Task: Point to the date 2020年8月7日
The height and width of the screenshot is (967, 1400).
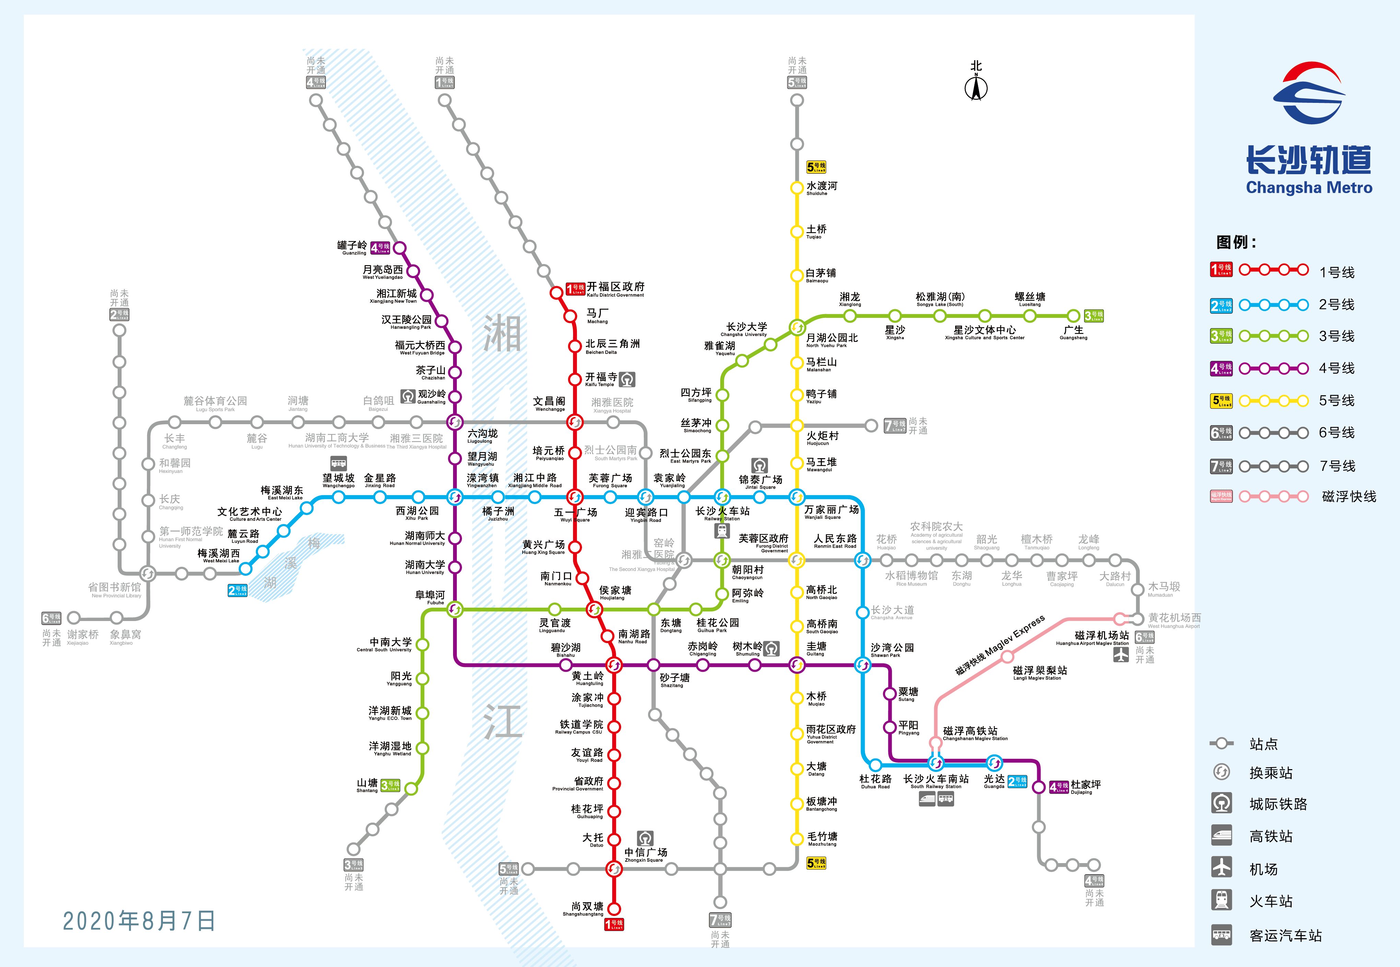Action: tap(139, 921)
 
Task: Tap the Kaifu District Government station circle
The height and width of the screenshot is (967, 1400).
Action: tap(556, 293)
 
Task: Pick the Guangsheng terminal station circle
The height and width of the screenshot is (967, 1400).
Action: tap(1073, 316)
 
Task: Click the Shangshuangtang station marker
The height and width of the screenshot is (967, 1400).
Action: tap(614, 909)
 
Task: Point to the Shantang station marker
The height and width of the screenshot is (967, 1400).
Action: tap(411, 788)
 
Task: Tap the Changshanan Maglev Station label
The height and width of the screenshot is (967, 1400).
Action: tap(974, 733)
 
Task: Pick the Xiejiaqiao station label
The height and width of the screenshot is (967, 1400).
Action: tap(83, 636)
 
